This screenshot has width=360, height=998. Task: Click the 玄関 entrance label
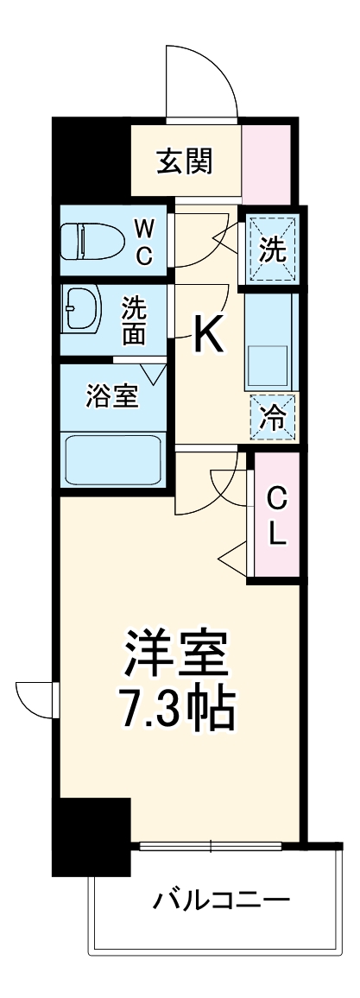click(185, 161)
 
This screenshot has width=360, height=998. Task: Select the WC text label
click(145, 242)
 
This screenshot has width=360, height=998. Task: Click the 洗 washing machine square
click(270, 249)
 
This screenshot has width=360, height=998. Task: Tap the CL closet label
click(276, 515)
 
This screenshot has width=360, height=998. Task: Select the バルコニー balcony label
click(221, 903)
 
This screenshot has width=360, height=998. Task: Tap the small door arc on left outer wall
click(35, 698)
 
